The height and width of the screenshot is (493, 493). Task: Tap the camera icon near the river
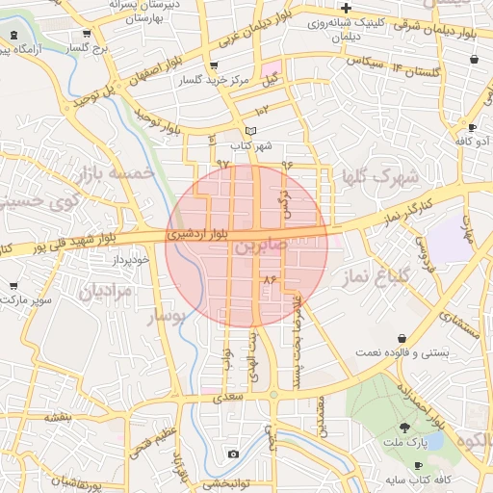232,454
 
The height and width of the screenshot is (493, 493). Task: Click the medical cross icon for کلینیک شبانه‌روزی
346,8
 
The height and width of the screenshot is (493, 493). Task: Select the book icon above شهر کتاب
251,132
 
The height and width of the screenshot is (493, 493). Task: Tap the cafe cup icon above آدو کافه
472,127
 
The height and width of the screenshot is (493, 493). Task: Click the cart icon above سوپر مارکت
13,286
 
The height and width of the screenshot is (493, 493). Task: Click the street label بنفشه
58,417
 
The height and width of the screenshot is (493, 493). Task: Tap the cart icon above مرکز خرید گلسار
211,65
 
